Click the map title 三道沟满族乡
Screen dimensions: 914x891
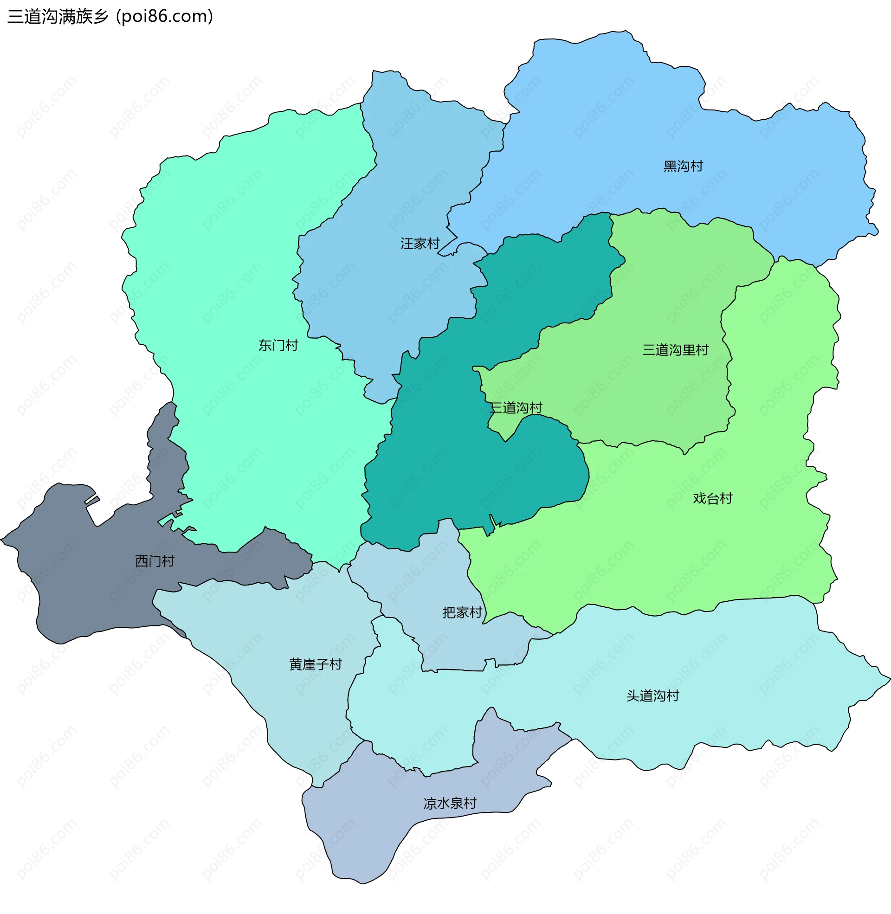coord(58,16)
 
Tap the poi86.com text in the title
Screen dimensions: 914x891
coord(165,16)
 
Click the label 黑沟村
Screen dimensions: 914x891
coord(683,166)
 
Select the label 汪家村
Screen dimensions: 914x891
coord(420,244)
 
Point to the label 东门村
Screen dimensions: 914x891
coord(278,346)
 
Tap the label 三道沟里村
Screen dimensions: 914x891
coord(675,350)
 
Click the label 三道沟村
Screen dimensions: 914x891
coord(516,408)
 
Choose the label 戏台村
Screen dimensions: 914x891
coord(712,499)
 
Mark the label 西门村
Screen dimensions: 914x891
coord(155,561)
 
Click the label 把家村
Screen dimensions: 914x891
coord(462,613)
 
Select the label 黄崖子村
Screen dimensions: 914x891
coord(316,665)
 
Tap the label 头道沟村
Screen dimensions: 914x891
coord(652,696)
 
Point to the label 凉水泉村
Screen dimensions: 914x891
coord(450,804)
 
